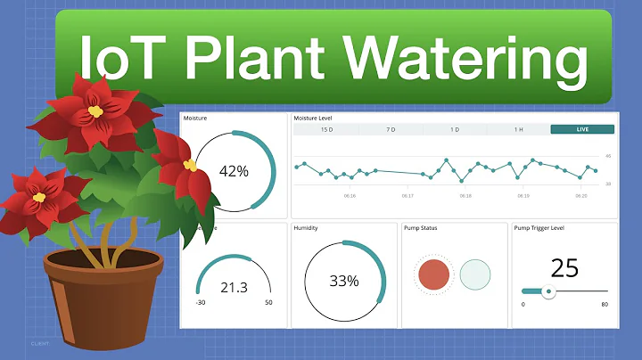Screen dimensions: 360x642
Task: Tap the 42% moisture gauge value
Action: (x=234, y=171)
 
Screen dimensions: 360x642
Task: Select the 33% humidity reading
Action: (x=343, y=281)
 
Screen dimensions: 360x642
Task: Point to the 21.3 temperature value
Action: (x=234, y=286)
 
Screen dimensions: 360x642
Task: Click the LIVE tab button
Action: (x=582, y=129)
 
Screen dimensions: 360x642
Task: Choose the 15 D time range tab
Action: (x=326, y=129)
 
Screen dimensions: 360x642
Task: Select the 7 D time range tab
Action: (x=391, y=129)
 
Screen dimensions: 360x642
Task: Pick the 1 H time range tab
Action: (x=518, y=129)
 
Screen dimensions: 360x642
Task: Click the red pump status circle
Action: (x=434, y=274)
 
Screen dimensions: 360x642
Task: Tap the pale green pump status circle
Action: (x=475, y=274)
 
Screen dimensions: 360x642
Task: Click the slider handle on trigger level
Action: (x=549, y=290)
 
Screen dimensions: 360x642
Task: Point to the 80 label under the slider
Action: (x=605, y=305)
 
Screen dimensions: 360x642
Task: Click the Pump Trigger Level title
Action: (x=539, y=227)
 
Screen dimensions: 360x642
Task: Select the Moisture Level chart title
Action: (x=315, y=118)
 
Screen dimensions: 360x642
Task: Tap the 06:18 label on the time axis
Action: (x=465, y=195)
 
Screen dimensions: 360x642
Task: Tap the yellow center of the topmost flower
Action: (x=95, y=111)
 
